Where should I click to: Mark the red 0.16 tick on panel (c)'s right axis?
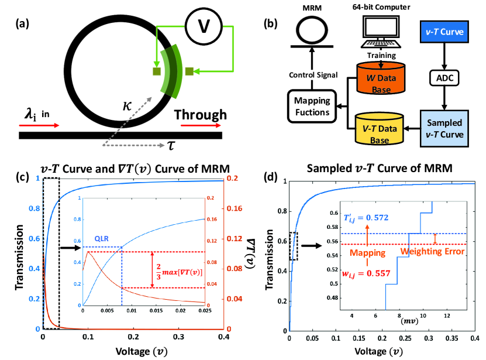pos(234,208)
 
